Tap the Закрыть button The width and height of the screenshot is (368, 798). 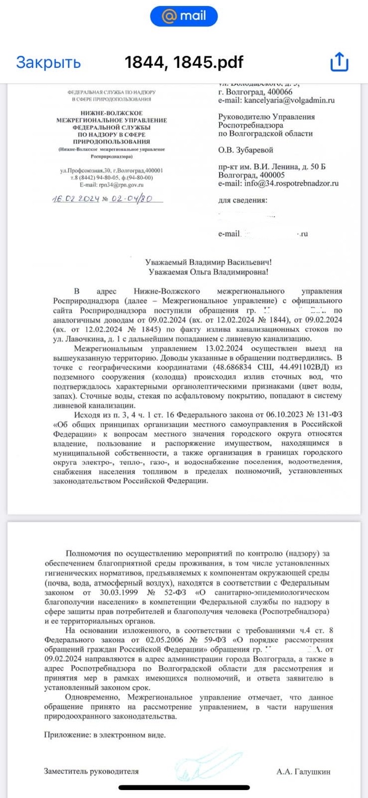(48, 62)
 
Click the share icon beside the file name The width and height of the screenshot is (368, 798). (339, 62)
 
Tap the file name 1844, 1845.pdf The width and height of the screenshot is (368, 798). (184, 62)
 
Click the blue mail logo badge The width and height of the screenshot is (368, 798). (184, 16)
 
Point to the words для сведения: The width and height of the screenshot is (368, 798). (242, 201)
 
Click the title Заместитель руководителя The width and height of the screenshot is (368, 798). (90, 771)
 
